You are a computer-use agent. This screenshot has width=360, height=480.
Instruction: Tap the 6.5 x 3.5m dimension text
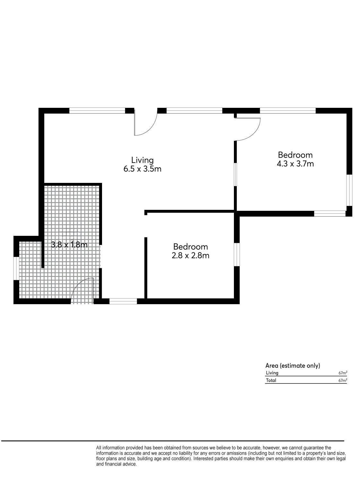pos(142,169)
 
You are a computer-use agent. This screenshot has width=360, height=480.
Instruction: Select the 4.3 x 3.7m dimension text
pos(295,164)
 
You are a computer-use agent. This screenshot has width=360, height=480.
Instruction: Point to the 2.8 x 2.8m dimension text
pos(190,255)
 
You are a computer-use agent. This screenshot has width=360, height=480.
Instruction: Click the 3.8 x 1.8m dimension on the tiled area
pos(69,244)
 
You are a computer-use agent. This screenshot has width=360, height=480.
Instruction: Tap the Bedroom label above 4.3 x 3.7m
pos(295,155)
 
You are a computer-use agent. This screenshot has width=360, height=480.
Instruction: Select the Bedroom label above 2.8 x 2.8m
pos(190,247)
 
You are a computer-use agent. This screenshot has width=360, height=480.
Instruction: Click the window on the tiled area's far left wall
pos(16,268)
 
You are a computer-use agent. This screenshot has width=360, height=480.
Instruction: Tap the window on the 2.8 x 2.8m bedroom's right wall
pos(237,254)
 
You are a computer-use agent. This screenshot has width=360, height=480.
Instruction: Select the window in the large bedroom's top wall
pos(288,111)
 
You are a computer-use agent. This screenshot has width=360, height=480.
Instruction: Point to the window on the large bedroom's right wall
pos(349,190)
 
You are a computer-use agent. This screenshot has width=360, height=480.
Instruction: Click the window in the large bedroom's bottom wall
pos(330,214)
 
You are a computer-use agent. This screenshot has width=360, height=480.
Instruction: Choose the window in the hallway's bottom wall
pos(123,301)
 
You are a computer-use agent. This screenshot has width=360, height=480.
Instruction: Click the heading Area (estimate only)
pos(293,365)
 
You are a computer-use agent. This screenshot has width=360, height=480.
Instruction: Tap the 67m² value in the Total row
pos(343,380)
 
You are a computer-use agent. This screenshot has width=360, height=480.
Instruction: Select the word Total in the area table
pos(271,380)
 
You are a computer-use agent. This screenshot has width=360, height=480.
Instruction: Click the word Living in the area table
pos(272,373)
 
